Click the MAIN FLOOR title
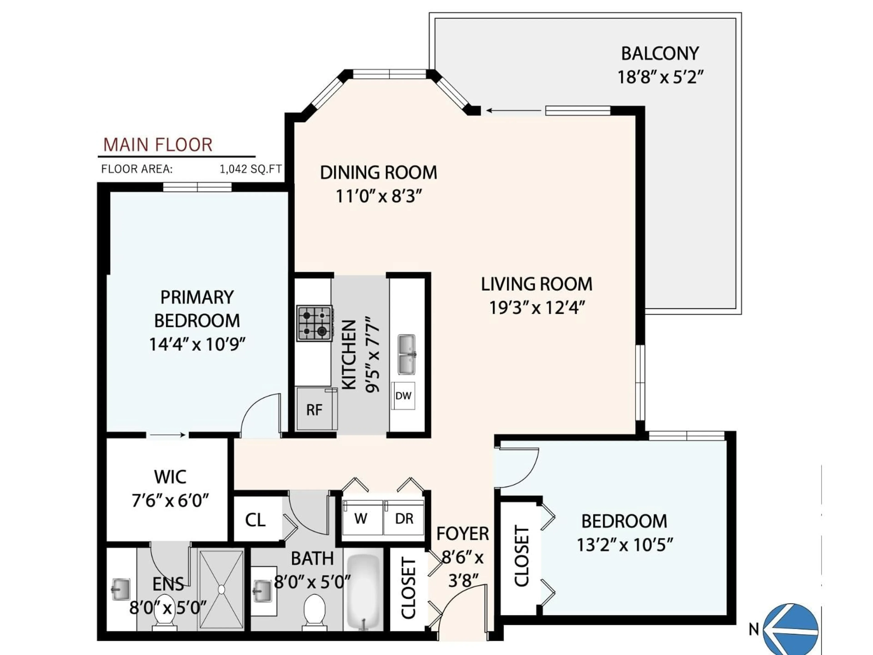[x=158, y=145]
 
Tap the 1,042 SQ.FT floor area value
[x=251, y=169]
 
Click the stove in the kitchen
[x=314, y=323]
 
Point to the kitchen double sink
[x=406, y=354]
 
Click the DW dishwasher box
[x=403, y=396]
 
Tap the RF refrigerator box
[x=315, y=409]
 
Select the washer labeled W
[x=361, y=518]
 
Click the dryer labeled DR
[x=404, y=518]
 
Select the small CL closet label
[x=255, y=520]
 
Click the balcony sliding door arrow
[x=513, y=111]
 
